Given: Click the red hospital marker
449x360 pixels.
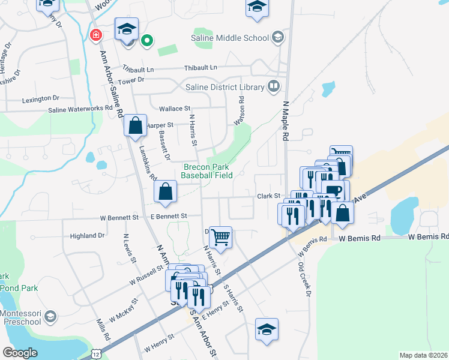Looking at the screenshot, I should (95, 35).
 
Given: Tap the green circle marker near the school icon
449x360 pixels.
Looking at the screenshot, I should (146, 41).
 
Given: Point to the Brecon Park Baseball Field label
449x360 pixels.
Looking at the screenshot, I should (211, 171).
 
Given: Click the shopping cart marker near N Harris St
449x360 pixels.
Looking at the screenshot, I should (221, 237).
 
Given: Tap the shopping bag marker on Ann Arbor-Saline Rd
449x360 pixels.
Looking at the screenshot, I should (136, 126).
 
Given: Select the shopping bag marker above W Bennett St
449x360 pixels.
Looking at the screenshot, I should (166, 192).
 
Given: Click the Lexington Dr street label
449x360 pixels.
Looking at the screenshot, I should (40, 98).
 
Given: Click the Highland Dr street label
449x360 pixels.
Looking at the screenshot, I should (88, 236).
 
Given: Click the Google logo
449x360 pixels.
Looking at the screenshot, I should (20, 352).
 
